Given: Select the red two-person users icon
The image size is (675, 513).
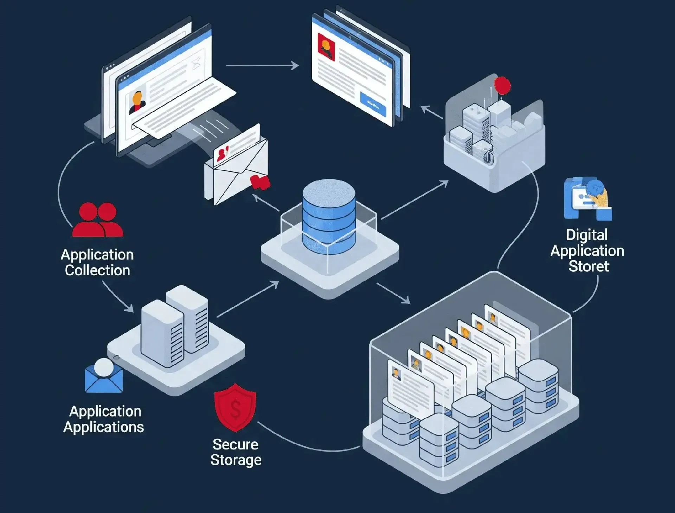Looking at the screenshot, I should coord(98,220).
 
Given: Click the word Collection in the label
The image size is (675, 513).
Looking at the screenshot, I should coord(97,270).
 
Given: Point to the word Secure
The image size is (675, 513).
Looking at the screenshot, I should coord(236,445).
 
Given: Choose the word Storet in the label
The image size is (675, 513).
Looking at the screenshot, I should coord(589,266).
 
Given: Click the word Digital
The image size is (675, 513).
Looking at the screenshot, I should coord(587,235).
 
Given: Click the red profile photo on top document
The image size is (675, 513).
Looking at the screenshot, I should coord(326,47).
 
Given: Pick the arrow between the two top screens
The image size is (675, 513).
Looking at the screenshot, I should coord(262,65).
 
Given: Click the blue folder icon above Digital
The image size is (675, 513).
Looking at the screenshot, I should coord(587,198).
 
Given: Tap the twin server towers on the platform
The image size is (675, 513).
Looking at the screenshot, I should coord(175,327).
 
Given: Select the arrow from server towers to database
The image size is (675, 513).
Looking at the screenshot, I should coord(248,299).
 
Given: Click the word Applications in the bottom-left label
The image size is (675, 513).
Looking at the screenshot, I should coord(104,427).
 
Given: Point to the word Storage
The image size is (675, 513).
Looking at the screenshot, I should coord(236,460).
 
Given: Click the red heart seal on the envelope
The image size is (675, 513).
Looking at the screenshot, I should coord(260,182).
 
